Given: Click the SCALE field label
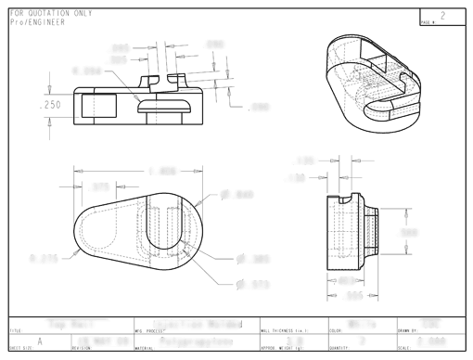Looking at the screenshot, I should coord(403,349).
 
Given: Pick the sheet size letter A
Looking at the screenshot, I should coord(38,340).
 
